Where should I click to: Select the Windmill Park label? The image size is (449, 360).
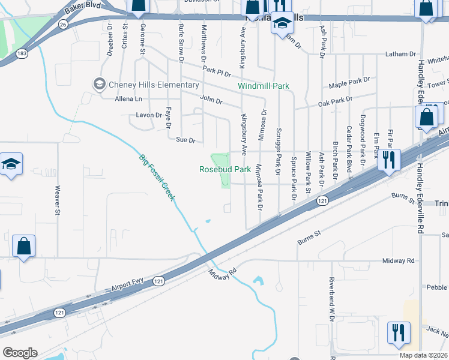263,86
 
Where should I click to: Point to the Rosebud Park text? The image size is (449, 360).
225,170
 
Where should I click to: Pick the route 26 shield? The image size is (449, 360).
63,25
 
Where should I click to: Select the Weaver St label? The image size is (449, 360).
58,200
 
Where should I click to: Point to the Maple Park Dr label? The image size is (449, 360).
349,80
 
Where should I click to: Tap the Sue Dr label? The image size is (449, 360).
185,140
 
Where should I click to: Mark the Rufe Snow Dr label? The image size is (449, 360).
181,43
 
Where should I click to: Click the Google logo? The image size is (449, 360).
20,353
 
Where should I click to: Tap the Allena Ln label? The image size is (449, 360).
130,98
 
